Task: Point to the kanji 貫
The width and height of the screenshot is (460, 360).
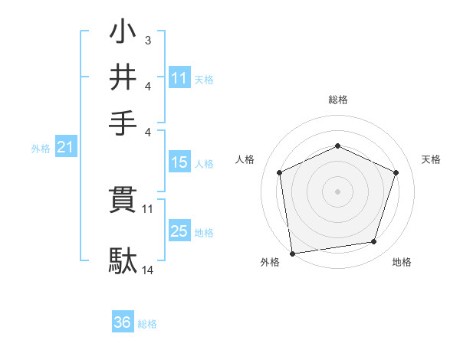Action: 123,201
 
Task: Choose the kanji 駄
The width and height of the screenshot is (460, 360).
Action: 123,260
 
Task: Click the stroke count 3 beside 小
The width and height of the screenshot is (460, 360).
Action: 147,41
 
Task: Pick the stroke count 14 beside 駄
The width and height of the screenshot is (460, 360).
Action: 148,270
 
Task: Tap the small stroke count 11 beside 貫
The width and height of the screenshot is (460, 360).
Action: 148,208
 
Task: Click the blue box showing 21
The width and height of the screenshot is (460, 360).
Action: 65,148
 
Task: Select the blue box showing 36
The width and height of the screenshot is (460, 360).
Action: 123,322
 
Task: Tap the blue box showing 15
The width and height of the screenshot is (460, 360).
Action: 179,162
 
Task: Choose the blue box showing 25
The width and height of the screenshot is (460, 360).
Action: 179,231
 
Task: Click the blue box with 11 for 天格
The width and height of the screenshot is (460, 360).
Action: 179,77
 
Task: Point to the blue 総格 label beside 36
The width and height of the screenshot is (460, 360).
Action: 147,324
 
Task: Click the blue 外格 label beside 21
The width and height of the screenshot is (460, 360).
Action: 40,149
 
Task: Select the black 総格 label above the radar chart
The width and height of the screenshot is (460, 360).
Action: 338,100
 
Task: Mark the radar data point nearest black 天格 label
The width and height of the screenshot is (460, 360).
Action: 396,172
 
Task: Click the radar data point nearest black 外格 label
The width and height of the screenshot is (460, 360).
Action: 293,252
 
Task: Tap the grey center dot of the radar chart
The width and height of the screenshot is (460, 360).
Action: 338,191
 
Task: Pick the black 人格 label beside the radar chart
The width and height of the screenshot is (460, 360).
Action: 245,159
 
